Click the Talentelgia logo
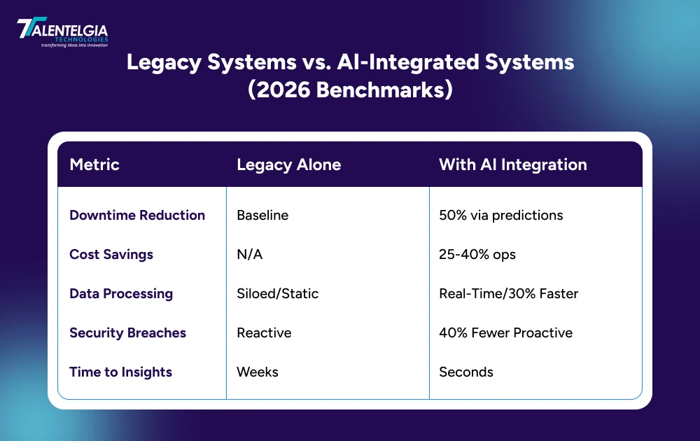click(62, 32)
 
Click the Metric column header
click(94, 164)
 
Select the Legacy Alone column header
click(288, 164)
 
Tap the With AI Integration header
click(512, 164)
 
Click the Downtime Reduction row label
click(137, 215)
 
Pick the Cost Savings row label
click(111, 254)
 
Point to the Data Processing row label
click(121, 293)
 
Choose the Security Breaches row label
click(127, 332)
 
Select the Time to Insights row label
click(121, 372)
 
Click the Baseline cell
click(262, 215)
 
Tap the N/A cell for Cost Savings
click(250, 254)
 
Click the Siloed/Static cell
click(277, 293)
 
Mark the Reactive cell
click(263, 332)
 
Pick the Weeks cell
click(258, 372)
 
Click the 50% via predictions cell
click(500, 215)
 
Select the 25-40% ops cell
click(477, 254)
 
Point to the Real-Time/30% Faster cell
click(508, 293)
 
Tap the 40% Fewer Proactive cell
click(505, 332)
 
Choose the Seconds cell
click(465, 372)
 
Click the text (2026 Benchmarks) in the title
click(350, 91)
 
